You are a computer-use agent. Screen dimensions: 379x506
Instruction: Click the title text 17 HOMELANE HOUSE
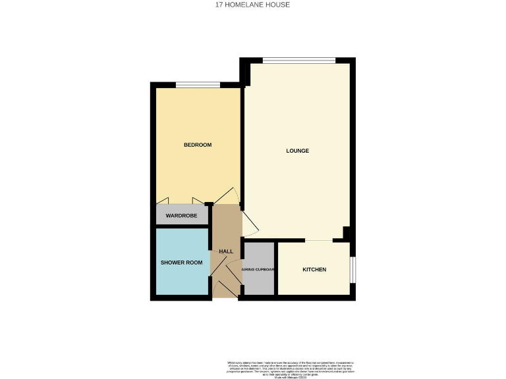point(252,5)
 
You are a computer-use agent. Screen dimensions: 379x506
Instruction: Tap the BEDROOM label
point(197,145)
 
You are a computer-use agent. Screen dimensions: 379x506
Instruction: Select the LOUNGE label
point(297,151)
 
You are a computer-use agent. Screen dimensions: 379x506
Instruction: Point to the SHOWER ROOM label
point(181,263)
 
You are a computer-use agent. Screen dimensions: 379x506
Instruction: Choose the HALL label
point(226,251)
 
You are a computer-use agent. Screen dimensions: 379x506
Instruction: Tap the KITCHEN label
point(314,270)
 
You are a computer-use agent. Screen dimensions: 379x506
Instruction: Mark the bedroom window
point(198,84)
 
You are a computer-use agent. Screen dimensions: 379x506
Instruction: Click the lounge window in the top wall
point(298,61)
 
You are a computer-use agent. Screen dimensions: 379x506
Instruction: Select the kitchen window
point(352,269)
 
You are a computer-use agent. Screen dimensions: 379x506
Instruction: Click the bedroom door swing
point(227,195)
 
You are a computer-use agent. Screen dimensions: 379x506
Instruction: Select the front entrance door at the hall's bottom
point(223,288)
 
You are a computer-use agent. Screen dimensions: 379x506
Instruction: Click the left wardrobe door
point(165,200)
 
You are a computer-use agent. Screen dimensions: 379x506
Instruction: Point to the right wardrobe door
point(198,200)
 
